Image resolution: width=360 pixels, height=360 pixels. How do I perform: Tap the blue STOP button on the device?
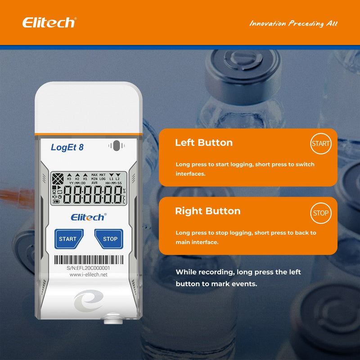[109, 239]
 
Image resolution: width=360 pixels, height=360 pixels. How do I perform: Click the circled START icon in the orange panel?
[321, 144]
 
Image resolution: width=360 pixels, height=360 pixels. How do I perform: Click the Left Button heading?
[204, 143]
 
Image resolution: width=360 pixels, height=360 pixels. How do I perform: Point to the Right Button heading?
[207, 211]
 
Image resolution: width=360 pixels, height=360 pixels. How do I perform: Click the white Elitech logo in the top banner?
[49, 22]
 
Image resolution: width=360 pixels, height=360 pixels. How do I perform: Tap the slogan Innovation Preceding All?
[293, 23]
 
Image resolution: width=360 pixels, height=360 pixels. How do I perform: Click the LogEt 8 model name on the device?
[67, 147]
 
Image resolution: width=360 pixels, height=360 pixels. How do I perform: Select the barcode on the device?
[88, 260]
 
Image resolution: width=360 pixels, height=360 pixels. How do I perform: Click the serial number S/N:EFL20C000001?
[88, 268]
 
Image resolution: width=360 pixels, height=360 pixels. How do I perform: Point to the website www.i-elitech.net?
[88, 275]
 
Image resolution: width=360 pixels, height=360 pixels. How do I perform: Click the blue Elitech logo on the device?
[88, 217]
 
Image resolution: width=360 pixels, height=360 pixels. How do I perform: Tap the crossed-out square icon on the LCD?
[57, 179]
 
